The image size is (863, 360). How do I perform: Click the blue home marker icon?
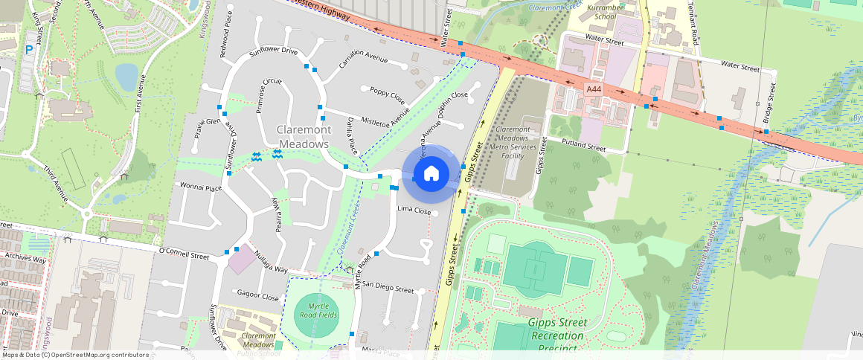point(431,174)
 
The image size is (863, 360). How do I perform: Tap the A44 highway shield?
point(593,89)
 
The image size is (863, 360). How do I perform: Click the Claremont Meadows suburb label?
point(303,136)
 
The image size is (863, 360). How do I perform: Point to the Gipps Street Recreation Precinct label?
point(557,330)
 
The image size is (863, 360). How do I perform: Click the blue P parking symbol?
point(29,50)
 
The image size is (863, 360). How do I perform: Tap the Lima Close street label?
point(414,210)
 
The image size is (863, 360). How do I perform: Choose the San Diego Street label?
point(388,289)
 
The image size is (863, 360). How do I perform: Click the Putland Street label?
point(584,146)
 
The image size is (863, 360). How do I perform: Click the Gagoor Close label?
point(257,296)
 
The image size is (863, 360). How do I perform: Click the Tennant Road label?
point(694,22)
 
